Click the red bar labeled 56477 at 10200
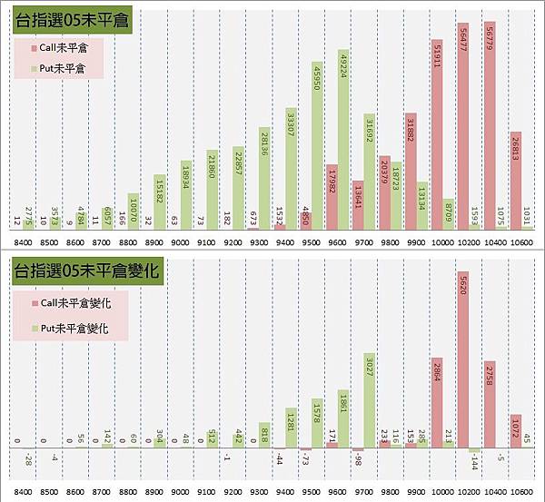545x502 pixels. (x=463, y=126)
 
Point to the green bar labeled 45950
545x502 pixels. (x=317, y=145)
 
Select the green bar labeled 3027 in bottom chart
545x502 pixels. (x=370, y=400)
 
